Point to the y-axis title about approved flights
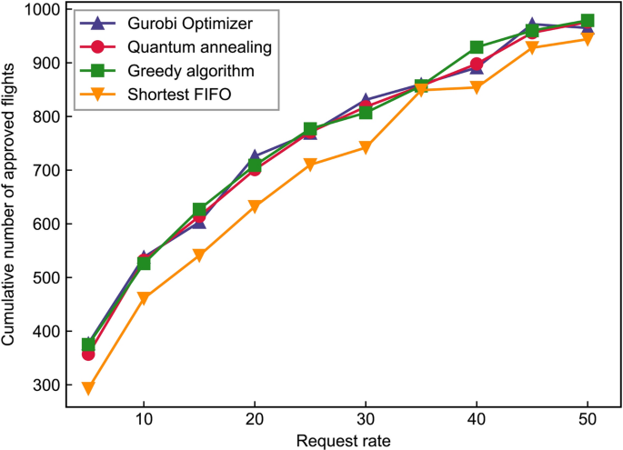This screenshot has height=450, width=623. click(12, 205)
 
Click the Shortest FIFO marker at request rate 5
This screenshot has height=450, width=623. click(88, 388)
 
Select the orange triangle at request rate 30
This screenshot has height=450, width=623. click(366, 148)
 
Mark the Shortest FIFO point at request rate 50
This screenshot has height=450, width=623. click(588, 39)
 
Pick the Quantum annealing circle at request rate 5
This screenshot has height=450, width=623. click(88, 354)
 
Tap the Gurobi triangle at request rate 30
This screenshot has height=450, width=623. click(366, 100)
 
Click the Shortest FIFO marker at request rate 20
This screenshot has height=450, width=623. click(255, 206)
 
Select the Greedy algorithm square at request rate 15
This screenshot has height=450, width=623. click(199, 210)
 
